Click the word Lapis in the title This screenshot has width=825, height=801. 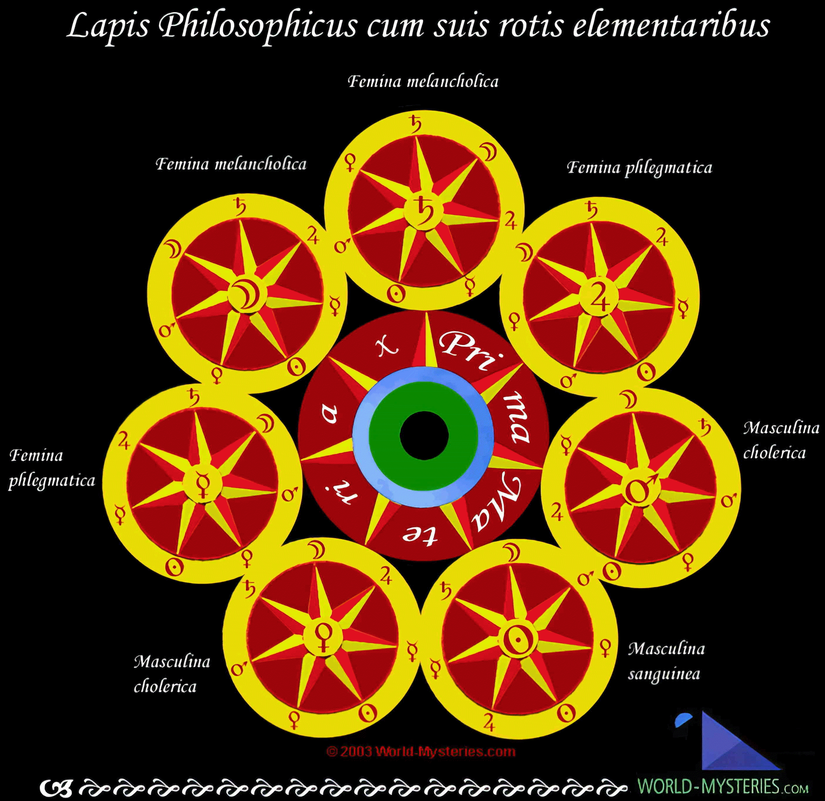[x=108, y=26]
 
